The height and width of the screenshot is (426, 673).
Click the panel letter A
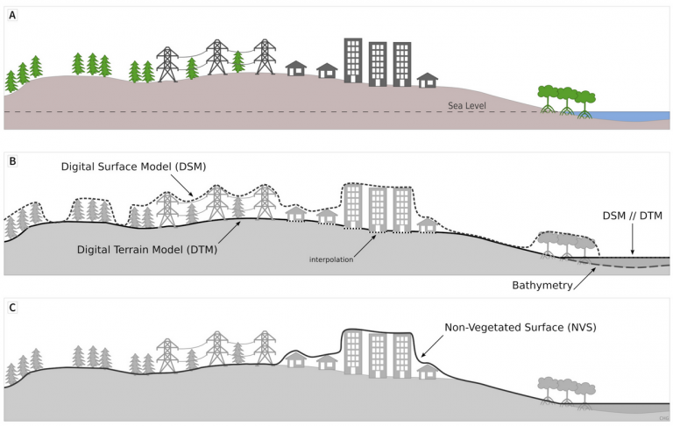click(x=12, y=16)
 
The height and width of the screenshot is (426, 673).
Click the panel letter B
click(x=12, y=161)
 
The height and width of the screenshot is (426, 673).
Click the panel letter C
click(x=12, y=308)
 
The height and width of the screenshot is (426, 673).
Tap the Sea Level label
click(x=467, y=106)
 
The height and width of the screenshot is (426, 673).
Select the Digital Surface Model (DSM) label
click(x=133, y=167)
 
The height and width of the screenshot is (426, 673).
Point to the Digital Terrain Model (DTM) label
click(x=147, y=250)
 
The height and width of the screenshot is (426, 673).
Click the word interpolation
click(x=331, y=259)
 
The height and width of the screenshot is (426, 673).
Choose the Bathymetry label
click(x=542, y=285)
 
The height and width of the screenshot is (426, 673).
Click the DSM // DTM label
click(x=632, y=216)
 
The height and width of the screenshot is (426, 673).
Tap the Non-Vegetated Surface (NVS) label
click(x=521, y=327)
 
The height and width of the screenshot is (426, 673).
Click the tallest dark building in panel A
click(x=353, y=60)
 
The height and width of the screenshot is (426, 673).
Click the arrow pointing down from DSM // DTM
click(x=632, y=239)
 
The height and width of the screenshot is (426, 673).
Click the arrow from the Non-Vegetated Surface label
click(x=433, y=346)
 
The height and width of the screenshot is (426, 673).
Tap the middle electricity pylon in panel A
click(x=217, y=57)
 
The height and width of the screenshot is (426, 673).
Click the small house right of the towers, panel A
click(x=428, y=81)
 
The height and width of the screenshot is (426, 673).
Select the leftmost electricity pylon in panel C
click(x=167, y=355)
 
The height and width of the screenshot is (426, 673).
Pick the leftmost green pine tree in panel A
click(x=11, y=82)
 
